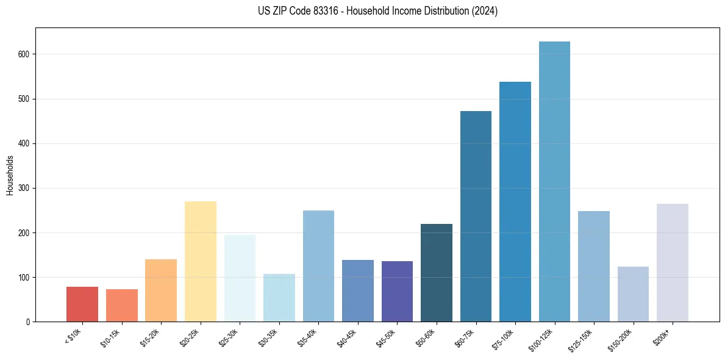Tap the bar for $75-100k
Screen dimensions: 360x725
point(515,202)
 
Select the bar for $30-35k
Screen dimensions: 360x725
point(279,298)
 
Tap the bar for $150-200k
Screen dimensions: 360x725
point(633,294)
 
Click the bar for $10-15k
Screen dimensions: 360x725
point(122,305)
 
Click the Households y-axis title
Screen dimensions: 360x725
point(10,175)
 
